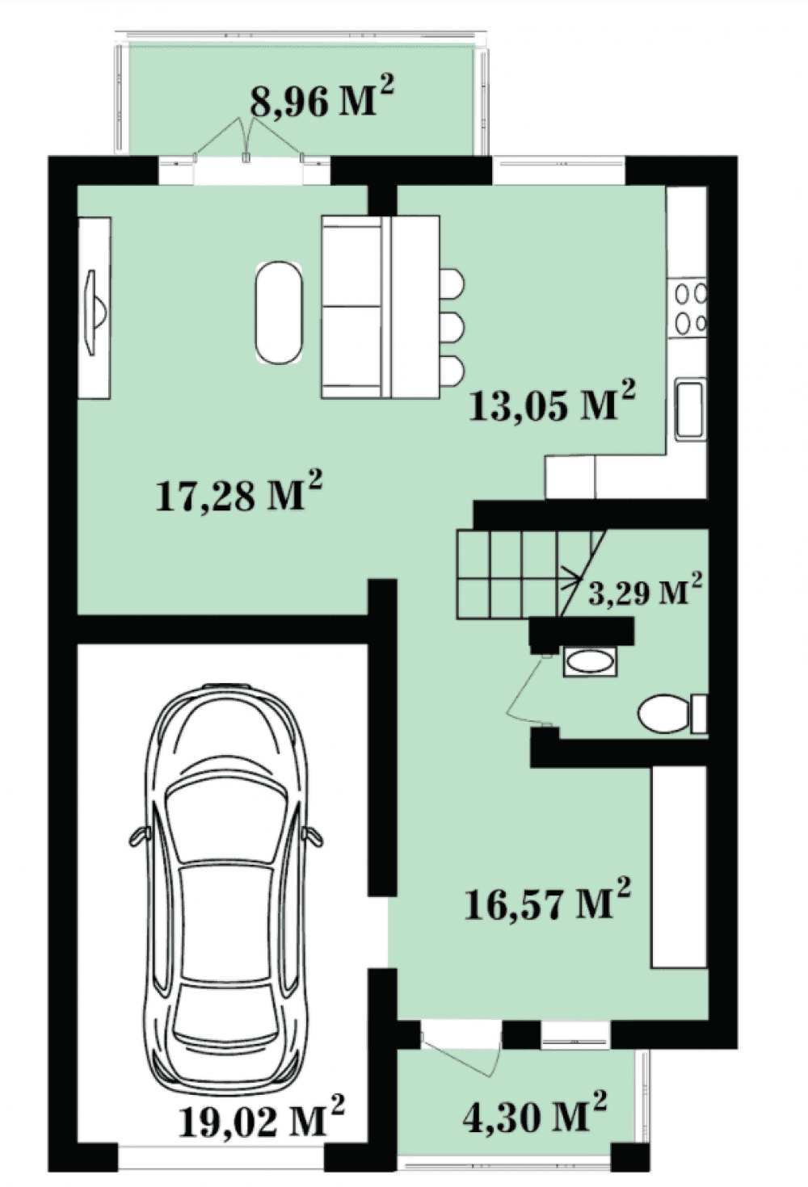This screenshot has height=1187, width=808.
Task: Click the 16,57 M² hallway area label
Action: (x=548, y=900)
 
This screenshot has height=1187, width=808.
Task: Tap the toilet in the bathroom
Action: (x=671, y=714)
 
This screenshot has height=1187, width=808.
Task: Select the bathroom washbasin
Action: (x=591, y=661)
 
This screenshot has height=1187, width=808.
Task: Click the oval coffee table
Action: (x=280, y=312)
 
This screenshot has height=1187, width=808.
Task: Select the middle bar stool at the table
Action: (x=452, y=327)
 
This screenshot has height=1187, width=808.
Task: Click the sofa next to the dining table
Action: (x=352, y=307)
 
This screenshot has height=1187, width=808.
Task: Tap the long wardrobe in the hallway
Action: (x=680, y=866)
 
